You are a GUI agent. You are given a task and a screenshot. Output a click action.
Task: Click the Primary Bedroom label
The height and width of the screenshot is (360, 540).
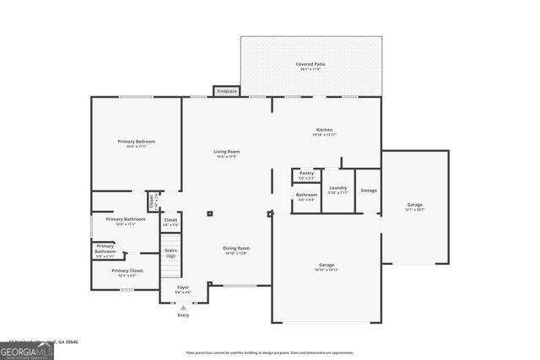pyautogui.click(x=135, y=143)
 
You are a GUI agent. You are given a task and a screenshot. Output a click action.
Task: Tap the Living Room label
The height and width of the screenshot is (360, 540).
pyautogui.click(x=226, y=153)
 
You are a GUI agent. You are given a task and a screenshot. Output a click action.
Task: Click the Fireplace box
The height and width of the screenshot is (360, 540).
pyautogui.click(x=226, y=91)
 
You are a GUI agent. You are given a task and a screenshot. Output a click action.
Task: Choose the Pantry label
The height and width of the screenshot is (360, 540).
pyautogui.click(x=306, y=175)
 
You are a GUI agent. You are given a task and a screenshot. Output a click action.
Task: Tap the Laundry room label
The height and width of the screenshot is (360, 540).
pyautogui.click(x=337, y=190)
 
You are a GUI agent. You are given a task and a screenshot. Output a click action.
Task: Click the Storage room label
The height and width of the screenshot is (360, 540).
pyautogui.click(x=369, y=191)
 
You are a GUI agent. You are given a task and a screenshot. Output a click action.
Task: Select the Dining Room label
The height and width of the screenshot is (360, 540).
pyautogui.click(x=235, y=250)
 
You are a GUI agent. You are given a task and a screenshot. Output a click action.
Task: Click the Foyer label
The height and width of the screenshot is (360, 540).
pyautogui.click(x=183, y=289)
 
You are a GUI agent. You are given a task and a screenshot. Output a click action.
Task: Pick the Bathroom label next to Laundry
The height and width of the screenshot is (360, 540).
pyautogui.click(x=306, y=196)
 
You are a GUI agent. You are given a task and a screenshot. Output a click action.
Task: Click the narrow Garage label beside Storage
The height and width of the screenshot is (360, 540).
pyautogui.click(x=415, y=206)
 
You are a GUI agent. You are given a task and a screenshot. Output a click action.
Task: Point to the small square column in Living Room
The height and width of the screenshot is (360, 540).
pyautogui.click(x=210, y=213)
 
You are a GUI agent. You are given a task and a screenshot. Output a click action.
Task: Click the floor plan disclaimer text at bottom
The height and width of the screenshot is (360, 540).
pyautogui.click(x=270, y=352)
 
